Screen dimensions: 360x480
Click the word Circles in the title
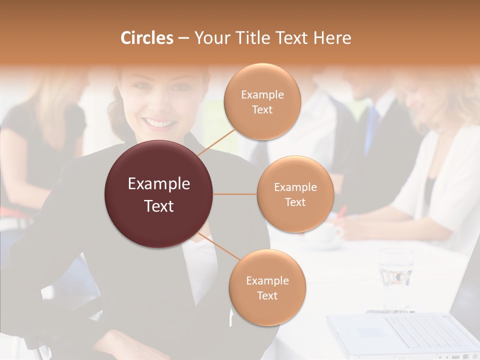coord(146,37)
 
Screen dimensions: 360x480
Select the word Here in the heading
coord(332,37)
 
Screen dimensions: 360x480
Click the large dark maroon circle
coord(159,194)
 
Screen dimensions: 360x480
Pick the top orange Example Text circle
coord(262,101)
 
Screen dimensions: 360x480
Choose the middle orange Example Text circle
coord(295,194)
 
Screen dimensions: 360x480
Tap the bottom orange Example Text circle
coord(267,287)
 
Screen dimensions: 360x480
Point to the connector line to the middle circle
coord(235,194)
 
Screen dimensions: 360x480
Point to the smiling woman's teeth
coord(158,122)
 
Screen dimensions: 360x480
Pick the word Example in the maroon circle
coord(159,184)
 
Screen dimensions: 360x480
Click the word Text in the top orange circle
coord(262,109)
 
